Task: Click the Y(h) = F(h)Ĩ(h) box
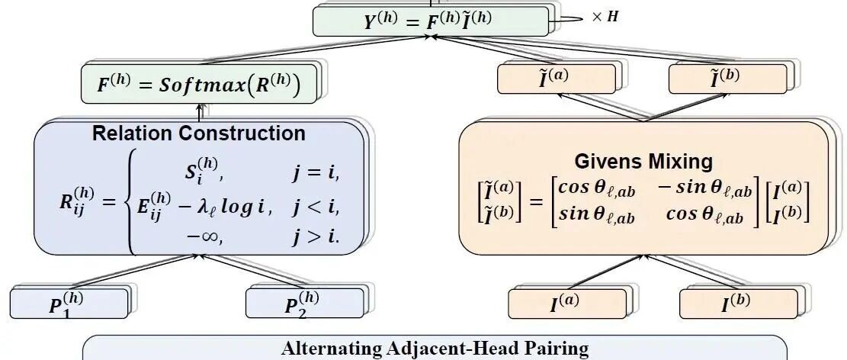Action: pos(431,21)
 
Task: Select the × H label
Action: pos(605,17)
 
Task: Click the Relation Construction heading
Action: pos(199,133)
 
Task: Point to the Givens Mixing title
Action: pos(643,161)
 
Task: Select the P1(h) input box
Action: pos(69,304)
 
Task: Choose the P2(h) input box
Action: pos(305,304)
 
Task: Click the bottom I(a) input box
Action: pos(567,304)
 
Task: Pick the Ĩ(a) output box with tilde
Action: pos(557,79)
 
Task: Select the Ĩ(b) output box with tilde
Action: pos(727,79)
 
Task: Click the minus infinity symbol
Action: pos(204,236)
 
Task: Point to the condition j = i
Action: pos(316,172)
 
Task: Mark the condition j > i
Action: pos(316,236)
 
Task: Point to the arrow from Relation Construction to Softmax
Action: pos(199,112)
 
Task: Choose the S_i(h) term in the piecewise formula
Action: pos(201,171)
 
